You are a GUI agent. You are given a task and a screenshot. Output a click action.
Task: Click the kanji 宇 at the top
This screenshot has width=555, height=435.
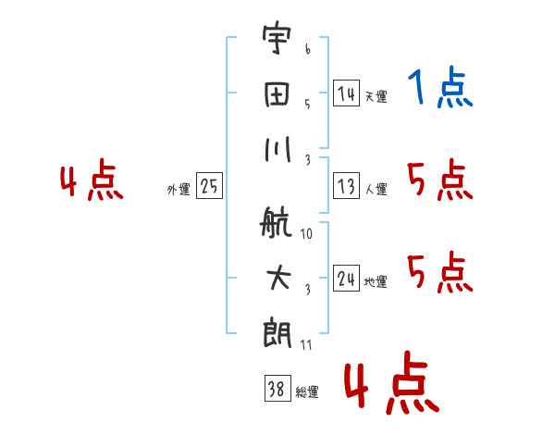tap(277, 41)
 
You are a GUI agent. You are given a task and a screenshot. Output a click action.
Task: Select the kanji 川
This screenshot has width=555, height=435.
tap(277, 149)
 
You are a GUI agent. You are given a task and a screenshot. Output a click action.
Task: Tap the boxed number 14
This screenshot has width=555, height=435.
tap(346, 93)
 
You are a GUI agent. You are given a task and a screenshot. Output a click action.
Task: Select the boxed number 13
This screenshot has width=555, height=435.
tap(346, 186)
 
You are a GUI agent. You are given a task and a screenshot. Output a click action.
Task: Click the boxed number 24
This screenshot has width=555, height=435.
tap(346, 279)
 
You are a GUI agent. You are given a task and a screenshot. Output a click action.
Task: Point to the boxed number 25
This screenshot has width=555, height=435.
tap(209, 186)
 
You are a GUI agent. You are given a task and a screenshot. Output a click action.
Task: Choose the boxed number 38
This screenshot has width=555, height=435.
tap(277, 389)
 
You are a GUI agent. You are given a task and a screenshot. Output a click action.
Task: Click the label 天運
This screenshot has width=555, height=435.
tap(375, 96)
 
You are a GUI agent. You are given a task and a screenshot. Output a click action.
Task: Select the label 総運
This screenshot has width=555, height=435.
tap(306, 392)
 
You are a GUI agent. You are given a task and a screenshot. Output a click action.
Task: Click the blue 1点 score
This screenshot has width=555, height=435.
tap(439, 89)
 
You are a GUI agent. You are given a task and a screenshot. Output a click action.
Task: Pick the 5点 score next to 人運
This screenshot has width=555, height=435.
tap(439, 180)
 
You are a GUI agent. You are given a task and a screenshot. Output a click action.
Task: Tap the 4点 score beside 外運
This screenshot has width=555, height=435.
tap(92, 181)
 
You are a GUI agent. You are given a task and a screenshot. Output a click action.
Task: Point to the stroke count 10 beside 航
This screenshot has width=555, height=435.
tap(306, 234)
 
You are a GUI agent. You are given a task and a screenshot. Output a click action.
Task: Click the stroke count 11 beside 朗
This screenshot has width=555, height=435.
tap(306, 344)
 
